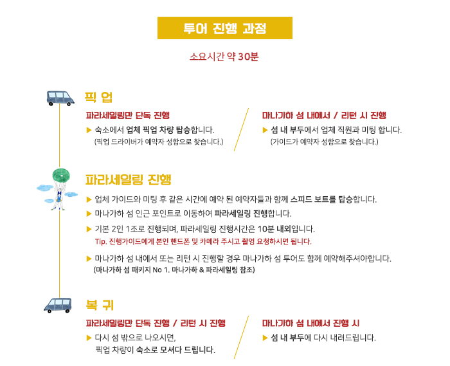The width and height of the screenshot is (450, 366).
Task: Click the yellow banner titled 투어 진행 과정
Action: (225, 28)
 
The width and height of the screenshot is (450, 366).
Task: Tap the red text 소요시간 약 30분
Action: (224, 56)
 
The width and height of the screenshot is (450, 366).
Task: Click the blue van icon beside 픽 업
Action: (60, 98)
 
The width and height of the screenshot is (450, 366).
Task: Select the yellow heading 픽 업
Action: (98, 97)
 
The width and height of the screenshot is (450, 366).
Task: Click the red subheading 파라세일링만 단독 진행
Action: (128, 115)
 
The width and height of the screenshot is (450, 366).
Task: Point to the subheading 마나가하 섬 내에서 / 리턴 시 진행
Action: (324, 115)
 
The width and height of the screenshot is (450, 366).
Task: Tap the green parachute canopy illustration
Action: (61, 175)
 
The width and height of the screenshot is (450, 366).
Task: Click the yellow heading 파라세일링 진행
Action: (129, 179)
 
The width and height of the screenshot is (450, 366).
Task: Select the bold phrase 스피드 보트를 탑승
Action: (321, 199)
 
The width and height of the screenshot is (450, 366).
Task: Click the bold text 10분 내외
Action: (274, 229)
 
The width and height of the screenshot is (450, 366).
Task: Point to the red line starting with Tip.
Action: (203, 241)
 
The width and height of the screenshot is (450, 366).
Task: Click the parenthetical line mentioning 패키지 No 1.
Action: (174, 270)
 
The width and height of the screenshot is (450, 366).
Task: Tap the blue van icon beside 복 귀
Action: (58, 305)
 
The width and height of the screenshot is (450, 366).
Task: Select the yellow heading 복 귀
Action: (100, 305)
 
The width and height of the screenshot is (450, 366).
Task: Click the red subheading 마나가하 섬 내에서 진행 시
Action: (310, 324)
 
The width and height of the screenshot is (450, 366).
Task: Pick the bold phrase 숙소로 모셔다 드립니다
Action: (175, 350)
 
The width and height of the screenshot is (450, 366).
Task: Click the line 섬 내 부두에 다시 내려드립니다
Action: (323, 338)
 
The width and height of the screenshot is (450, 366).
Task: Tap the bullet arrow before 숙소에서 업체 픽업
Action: (89, 131)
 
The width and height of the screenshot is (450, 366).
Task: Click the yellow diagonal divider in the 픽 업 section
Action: (241, 129)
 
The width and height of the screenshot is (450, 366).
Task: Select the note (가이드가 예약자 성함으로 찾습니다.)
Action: (324, 142)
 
